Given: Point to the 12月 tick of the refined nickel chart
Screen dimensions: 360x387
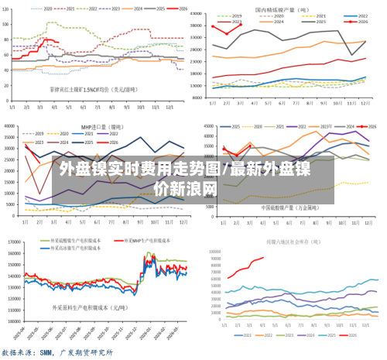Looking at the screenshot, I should point(365,103).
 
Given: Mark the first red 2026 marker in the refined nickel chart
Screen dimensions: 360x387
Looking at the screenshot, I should point(214,26).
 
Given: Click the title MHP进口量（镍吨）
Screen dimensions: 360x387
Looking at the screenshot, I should point(101,125).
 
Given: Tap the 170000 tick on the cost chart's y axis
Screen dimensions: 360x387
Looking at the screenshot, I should point(13,231).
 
